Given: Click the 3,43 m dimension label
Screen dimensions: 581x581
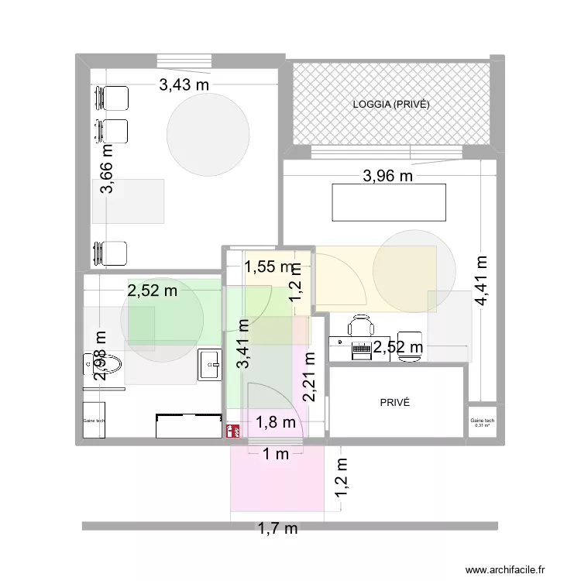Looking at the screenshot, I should [x=184, y=86].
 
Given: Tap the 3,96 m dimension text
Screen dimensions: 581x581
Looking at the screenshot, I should [x=388, y=177].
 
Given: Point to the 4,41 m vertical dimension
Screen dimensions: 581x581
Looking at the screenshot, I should [x=481, y=281].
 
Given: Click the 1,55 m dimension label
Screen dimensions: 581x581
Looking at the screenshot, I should [x=270, y=267].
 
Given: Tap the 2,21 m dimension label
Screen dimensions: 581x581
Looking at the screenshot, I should [x=309, y=377].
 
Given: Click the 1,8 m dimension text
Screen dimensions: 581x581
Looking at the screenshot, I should [x=276, y=422].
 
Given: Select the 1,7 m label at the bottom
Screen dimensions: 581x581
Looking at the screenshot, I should [x=277, y=530].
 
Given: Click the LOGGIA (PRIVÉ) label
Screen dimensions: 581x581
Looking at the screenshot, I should [x=390, y=105].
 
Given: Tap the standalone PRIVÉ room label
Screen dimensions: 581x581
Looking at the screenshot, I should [x=394, y=403].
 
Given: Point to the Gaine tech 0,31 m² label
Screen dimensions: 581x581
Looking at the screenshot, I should [x=482, y=423].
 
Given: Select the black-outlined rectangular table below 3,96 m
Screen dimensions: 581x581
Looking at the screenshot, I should [x=389, y=202].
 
